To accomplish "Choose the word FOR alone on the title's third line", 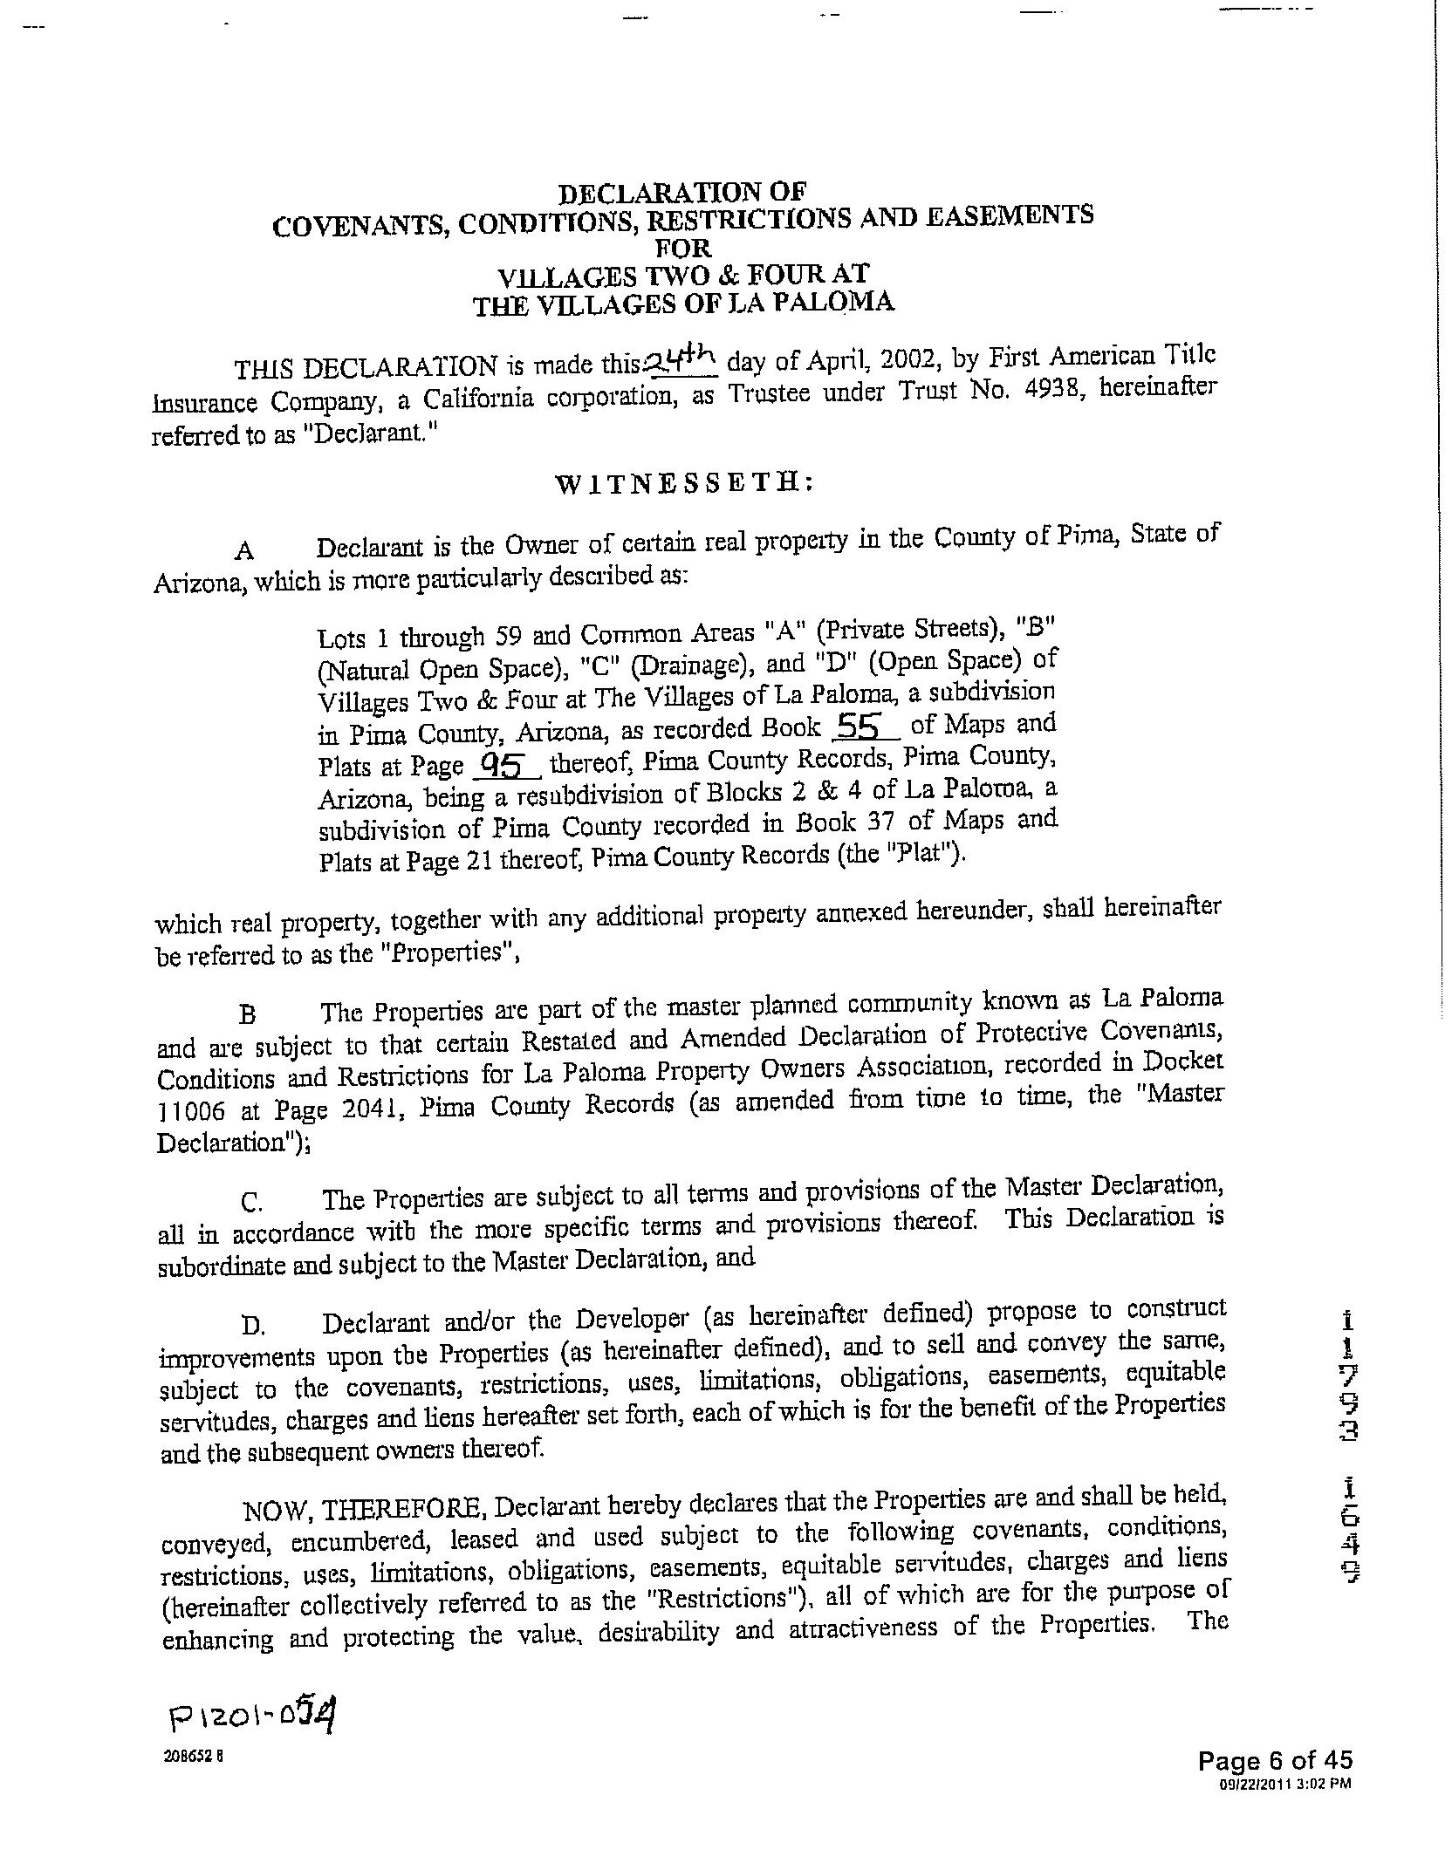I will (x=683, y=248).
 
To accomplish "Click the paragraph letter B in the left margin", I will (x=247, y=1014).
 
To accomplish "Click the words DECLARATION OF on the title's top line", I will (x=682, y=192).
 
